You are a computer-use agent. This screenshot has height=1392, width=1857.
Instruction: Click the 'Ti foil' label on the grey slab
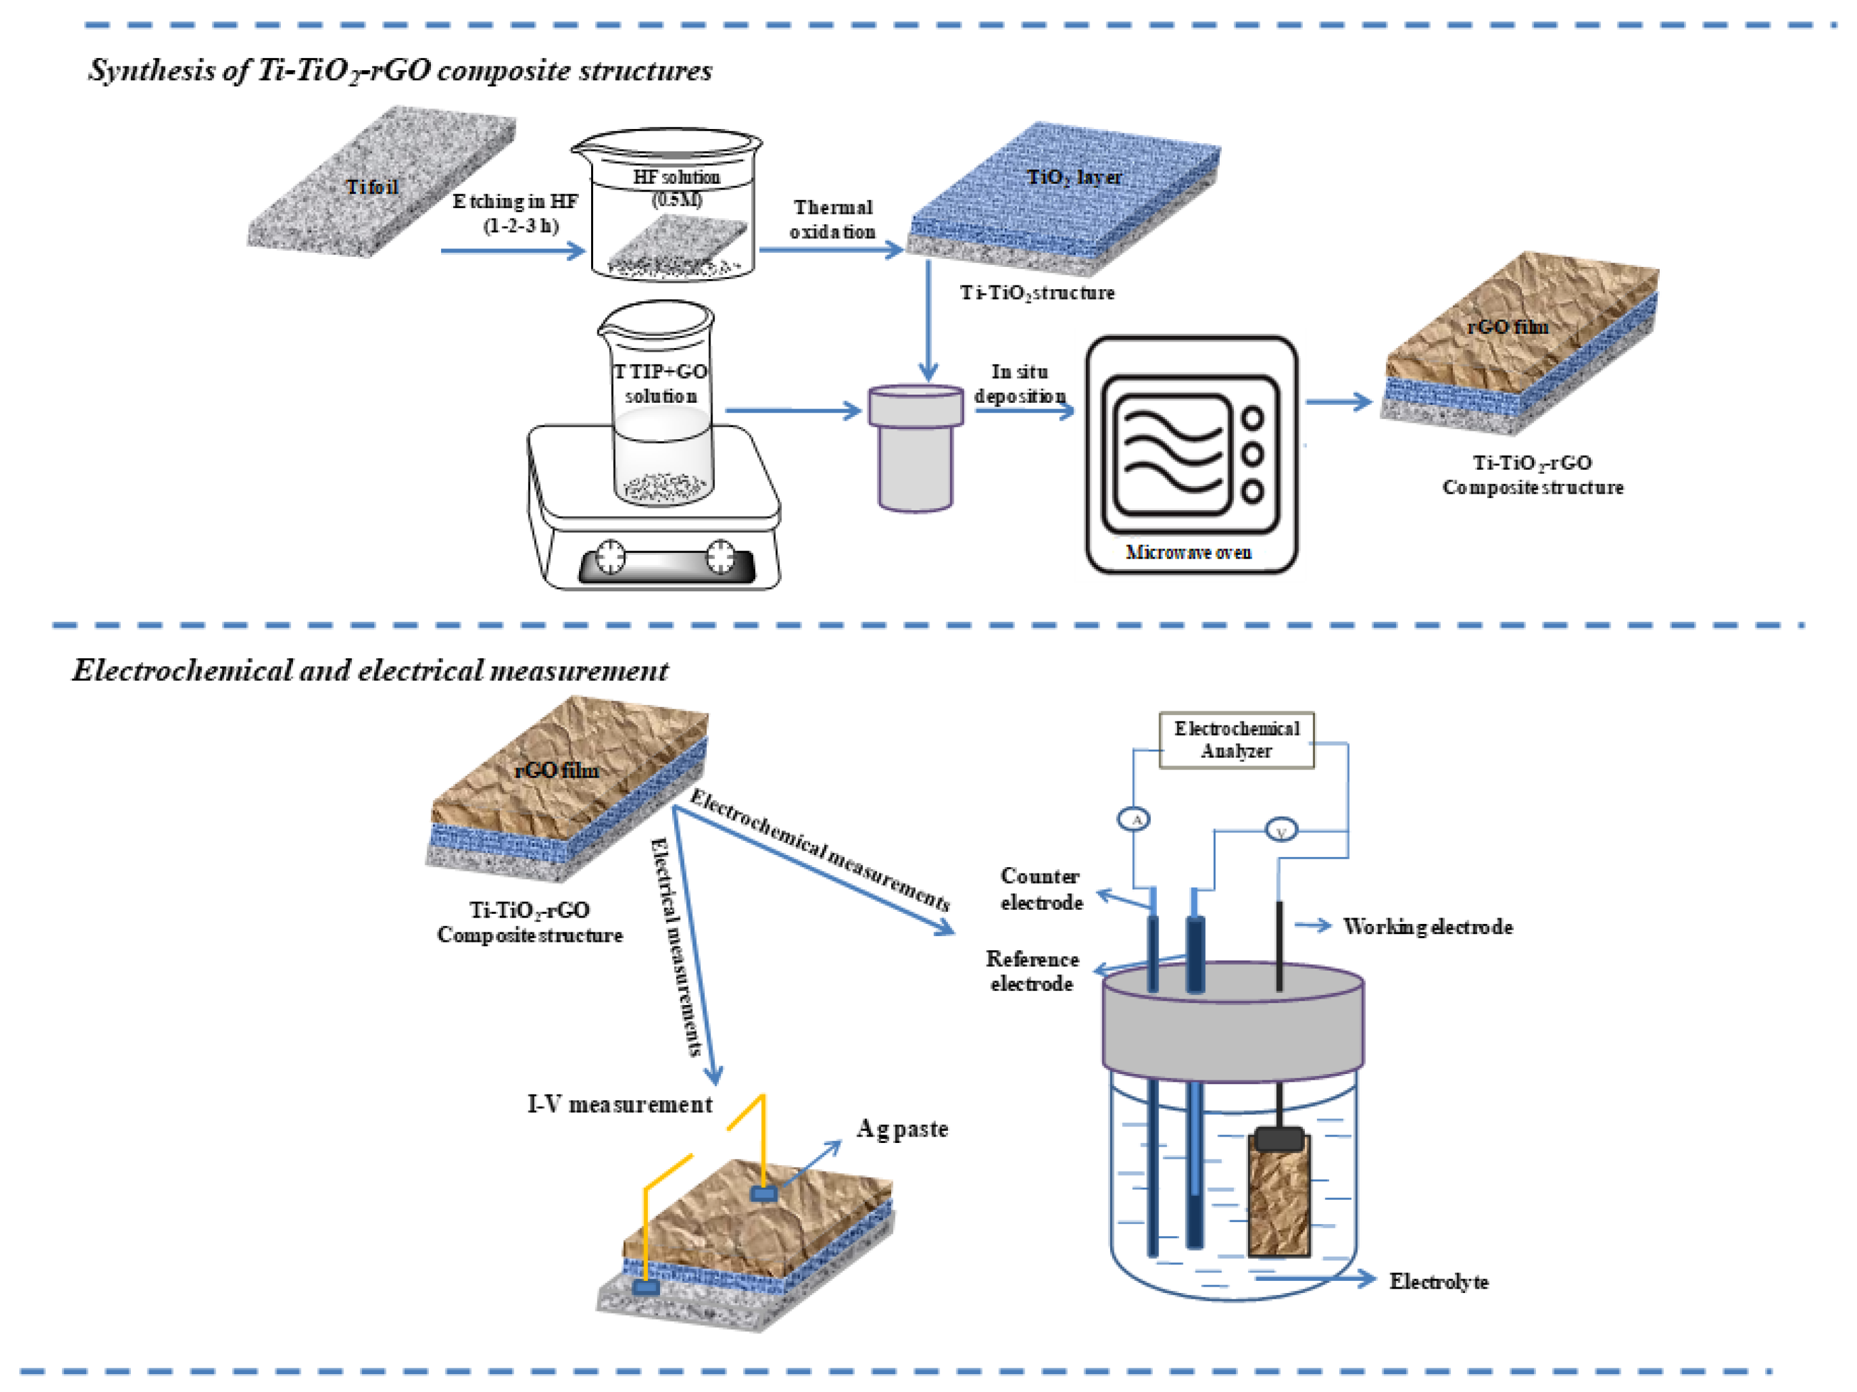click(x=372, y=186)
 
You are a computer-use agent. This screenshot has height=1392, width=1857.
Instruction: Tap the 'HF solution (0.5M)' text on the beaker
click(x=677, y=188)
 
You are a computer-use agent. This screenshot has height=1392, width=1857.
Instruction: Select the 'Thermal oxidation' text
click(x=833, y=219)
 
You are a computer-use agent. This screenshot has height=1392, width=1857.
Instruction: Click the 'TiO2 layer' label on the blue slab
click(x=1074, y=177)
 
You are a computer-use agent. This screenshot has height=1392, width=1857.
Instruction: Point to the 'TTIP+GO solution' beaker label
click(x=661, y=384)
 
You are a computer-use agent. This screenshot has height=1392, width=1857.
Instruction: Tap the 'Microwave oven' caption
click(x=1188, y=552)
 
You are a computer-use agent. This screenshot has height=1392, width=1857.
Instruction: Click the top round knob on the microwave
click(x=1252, y=418)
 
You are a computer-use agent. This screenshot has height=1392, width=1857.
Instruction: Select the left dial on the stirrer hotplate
click(x=610, y=556)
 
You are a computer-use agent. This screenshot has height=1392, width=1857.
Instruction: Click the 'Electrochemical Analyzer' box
click(x=1236, y=739)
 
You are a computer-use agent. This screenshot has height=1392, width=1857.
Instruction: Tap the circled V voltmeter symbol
click(x=1281, y=831)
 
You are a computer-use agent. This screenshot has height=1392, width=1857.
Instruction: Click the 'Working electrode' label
click(x=1427, y=927)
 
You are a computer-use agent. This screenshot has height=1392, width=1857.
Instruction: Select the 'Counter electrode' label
click(x=1041, y=889)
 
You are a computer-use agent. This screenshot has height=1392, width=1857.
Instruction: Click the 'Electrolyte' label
click(x=1438, y=1281)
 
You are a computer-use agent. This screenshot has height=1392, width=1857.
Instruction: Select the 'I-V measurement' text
click(x=620, y=1104)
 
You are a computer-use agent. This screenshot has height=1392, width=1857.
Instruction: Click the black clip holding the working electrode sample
click(x=1279, y=1139)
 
